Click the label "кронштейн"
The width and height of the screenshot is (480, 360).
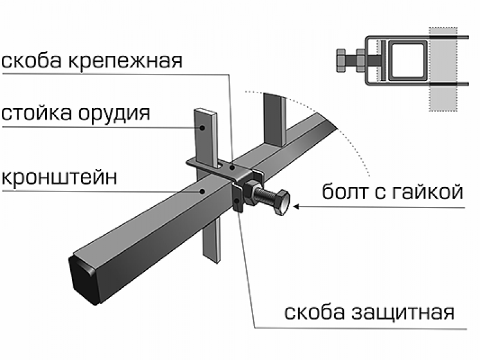[x=58, y=178]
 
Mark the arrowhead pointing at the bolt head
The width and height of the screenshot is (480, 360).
[x=298, y=208]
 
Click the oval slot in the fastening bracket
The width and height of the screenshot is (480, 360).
[x=223, y=163]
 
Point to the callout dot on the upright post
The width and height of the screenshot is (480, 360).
[x=205, y=127]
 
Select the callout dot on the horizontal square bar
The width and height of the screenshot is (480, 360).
[x=203, y=191]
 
